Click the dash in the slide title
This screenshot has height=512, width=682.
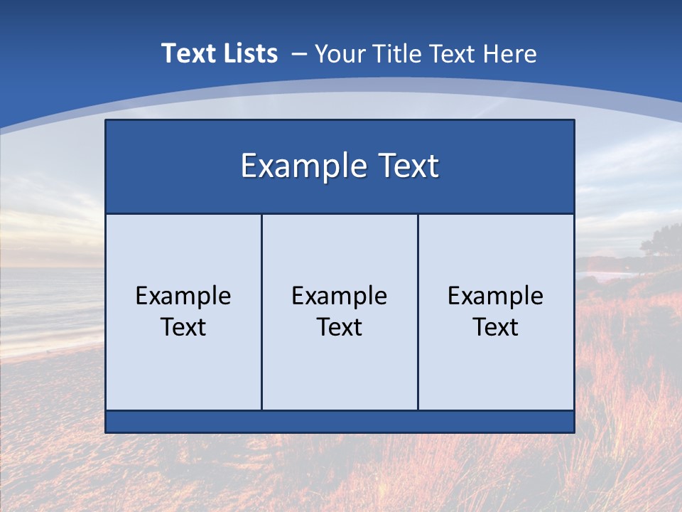tap(299, 54)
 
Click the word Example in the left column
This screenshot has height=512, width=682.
tap(183, 296)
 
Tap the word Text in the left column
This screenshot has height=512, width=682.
tap(183, 327)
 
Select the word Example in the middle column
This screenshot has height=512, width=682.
tap(340, 296)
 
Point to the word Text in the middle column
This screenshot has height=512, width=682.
tap(340, 327)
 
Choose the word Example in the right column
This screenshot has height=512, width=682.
tap(496, 296)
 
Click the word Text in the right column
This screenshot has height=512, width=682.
tap(496, 327)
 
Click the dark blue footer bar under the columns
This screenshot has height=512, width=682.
tap(340, 422)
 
